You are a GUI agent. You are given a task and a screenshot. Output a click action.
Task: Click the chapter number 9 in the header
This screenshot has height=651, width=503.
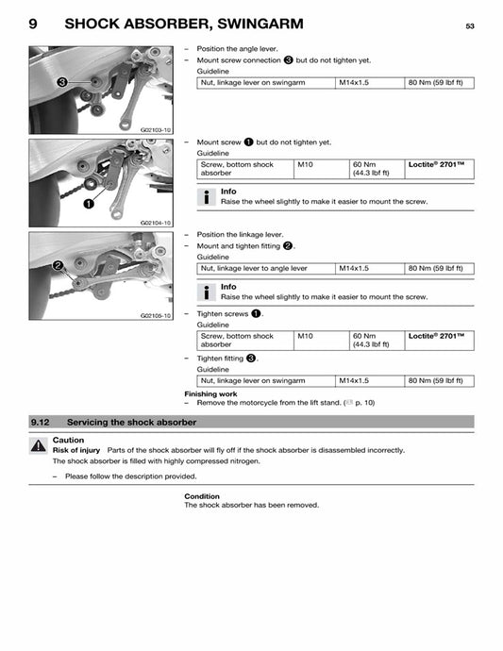coord(34,25)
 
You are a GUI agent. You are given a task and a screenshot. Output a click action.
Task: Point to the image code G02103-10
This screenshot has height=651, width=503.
coord(156,129)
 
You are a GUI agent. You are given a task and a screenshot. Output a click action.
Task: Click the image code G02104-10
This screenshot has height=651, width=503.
coord(156,223)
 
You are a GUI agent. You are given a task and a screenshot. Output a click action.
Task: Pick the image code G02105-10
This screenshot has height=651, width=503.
coord(156,315)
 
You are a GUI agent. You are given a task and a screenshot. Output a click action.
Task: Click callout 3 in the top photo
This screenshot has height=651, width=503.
coord(61,82)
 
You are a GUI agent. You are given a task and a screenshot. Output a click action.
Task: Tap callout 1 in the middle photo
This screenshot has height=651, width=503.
coord(88,202)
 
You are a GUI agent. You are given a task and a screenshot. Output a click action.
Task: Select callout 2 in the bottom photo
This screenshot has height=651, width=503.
coord(59,266)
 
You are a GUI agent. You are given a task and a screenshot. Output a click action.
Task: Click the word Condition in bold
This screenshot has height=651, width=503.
coord(202,496)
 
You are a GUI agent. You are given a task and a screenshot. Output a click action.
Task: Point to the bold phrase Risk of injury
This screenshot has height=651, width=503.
coord(76,451)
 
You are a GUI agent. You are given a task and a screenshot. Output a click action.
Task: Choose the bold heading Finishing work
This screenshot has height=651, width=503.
coord(210,393)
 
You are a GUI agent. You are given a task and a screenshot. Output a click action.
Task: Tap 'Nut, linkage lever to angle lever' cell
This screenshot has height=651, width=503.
coord(254,268)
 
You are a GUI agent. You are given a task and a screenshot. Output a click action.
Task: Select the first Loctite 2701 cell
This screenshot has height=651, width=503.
coord(437,164)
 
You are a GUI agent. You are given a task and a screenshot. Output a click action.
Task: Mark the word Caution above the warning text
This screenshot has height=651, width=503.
coord(68,440)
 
